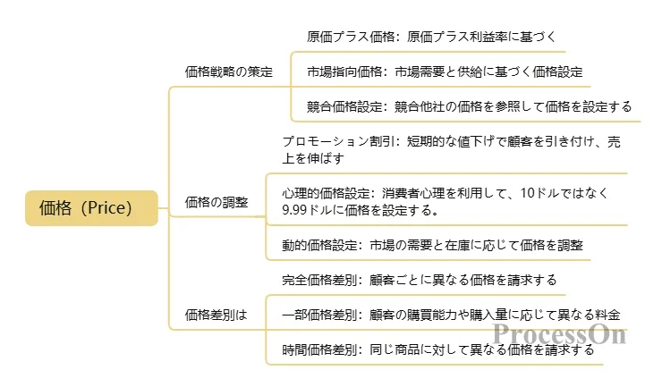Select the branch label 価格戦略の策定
pyautogui.click(x=228, y=71)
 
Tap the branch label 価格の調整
pyautogui.click(x=216, y=202)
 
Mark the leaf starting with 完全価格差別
pyautogui.click(x=419, y=279)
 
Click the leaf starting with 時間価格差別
pyautogui.click(x=437, y=349)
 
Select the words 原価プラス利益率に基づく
pyautogui.click(x=488, y=38)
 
